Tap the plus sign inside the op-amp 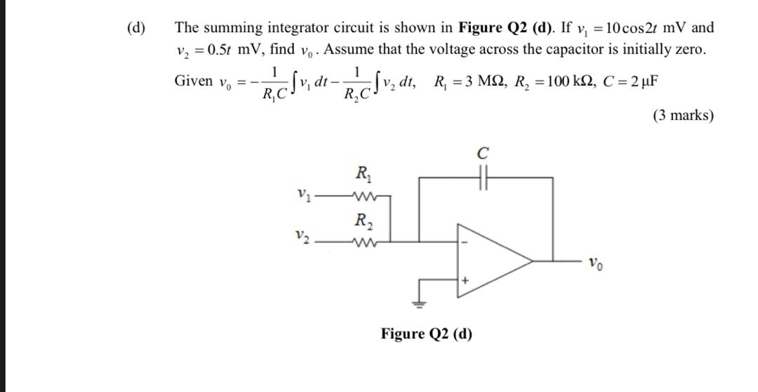465,280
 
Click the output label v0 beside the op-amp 594,265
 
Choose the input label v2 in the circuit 303,237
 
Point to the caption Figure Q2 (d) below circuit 426,333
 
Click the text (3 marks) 683,115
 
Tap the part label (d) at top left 136,28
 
